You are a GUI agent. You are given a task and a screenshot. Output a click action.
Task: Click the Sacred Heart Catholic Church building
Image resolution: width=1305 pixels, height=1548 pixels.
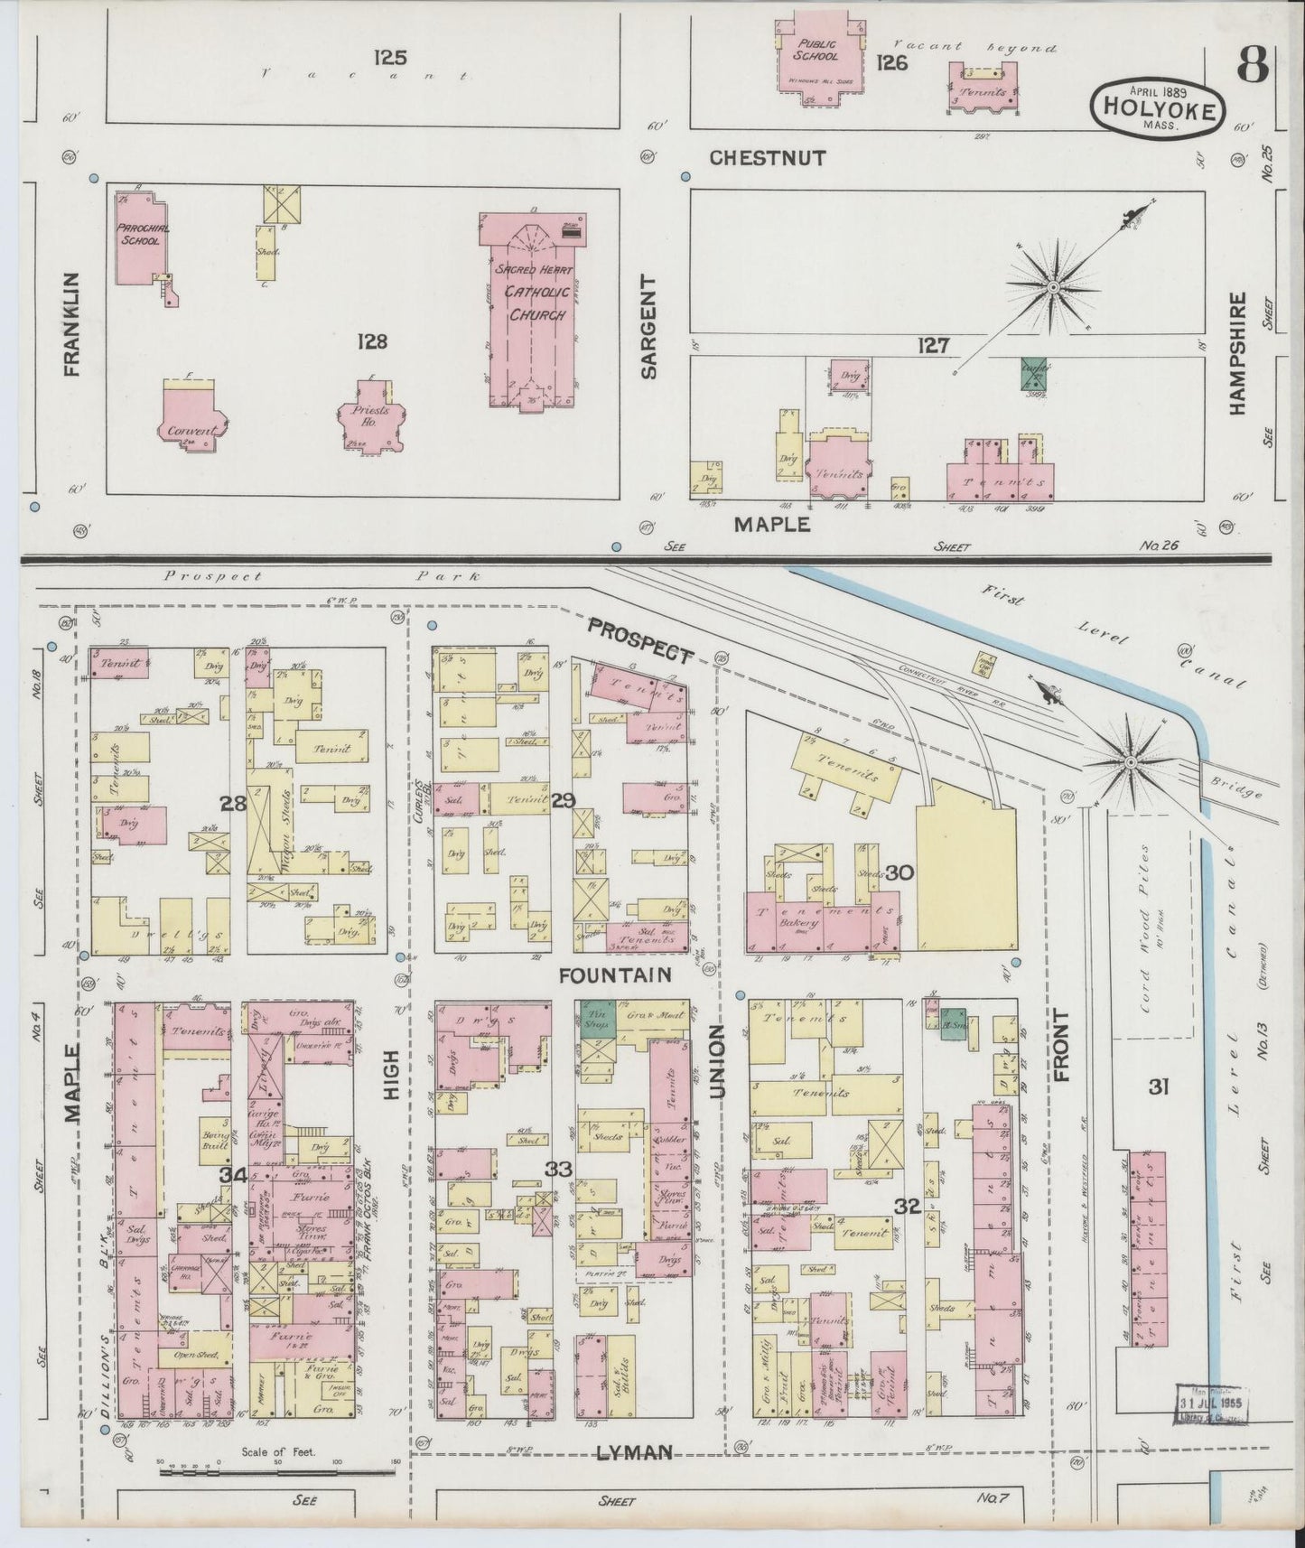(x=529, y=307)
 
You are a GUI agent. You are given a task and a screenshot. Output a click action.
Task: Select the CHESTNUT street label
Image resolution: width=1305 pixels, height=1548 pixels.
(x=767, y=158)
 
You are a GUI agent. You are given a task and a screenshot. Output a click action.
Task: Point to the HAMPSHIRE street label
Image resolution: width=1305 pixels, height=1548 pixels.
(x=1236, y=352)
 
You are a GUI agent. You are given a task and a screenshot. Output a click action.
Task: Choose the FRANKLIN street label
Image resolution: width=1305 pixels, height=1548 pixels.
(x=72, y=322)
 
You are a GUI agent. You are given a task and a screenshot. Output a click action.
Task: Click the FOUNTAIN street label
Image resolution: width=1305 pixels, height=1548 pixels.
(x=615, y=975)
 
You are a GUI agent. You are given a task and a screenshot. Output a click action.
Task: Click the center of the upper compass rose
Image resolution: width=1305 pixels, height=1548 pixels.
(x=1052, y=286)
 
